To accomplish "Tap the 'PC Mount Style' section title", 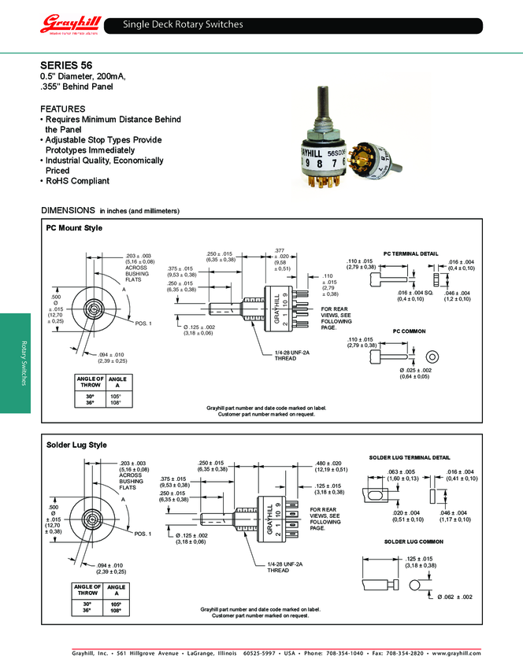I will pyautogui.click(x=75, y=228).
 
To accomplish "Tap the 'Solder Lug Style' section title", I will pyautogui.click(x=76, y=445).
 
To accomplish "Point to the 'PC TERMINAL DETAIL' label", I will pyautogui.click(x=410, y=253).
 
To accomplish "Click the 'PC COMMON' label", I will pyautogui.click(x=408, y=331).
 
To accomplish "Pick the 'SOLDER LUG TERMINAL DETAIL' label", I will pyautogui.click(x=410, y=457).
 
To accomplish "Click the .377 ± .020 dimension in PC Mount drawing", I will pyautogui.click(x=281, y=259).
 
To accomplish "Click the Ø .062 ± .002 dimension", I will pyautogui.click(x=454, y=597).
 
